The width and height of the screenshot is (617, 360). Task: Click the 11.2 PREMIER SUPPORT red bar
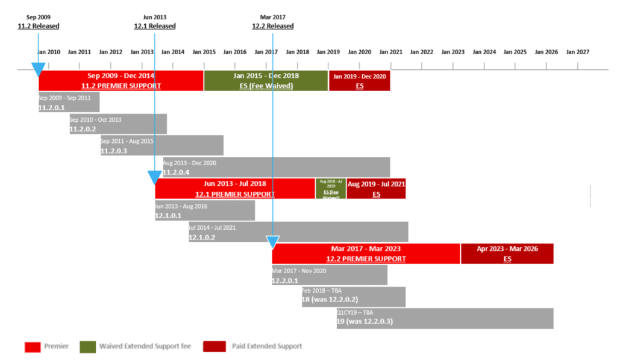click(121, 81)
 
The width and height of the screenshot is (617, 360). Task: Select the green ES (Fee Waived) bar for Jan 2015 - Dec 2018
click(266, 81)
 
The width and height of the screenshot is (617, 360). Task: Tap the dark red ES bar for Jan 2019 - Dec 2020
click(359, 81)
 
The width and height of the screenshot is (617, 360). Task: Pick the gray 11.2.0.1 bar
click(69, 102)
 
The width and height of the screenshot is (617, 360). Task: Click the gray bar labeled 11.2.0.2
click(118, 124)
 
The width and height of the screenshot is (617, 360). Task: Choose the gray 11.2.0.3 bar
click(161, 145)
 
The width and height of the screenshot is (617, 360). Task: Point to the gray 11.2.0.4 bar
click(276, 167)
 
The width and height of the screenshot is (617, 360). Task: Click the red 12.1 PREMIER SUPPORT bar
click(235, 189)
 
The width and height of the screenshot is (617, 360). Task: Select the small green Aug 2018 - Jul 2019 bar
click(331, 189)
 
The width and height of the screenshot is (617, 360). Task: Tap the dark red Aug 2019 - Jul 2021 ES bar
click(376, 189)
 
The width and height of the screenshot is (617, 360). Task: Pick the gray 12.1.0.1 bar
click(205, 210)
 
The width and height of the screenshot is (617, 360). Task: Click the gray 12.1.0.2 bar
click(298, 232)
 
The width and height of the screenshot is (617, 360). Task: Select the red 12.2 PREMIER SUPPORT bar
click(366, 254)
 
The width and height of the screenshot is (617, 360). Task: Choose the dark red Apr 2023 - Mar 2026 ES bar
click(507, 254)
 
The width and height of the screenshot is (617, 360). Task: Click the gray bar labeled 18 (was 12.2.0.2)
click(354, 297)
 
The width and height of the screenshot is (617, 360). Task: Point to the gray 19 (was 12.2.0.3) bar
click(445, 318)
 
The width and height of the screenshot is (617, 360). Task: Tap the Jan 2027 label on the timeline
click(577, 52)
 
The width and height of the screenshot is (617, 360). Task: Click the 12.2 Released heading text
click(273, 26)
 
